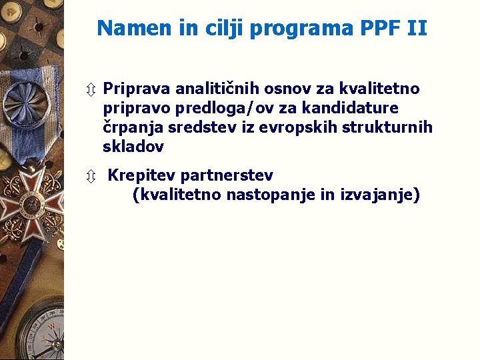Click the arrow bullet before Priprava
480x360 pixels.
tap(91, 89)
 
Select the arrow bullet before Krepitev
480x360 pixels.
tap(91, 177)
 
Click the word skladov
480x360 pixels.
tap(133, 146)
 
